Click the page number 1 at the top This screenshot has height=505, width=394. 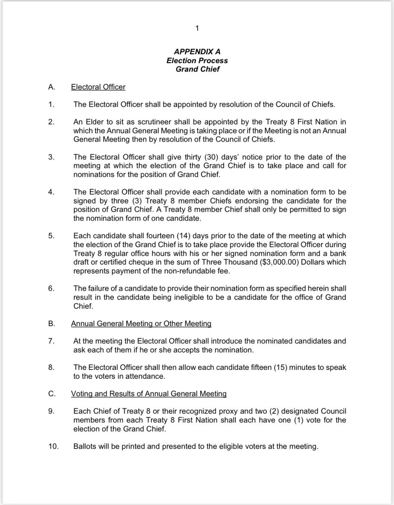coord(197,29)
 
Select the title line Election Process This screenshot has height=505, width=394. coord(197,61)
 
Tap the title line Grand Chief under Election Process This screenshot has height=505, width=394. coord(197,70)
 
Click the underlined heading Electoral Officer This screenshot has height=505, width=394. coord(98,87)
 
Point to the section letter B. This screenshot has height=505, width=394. coord(51,324)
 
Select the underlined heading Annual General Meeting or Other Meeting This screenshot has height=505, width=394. coord(141,324)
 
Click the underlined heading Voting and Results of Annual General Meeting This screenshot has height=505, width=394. coord(149,394)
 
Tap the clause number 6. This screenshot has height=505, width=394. coord(51,289)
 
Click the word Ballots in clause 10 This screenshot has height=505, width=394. coord(85,447)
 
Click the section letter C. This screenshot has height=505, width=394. coord(51,394)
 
